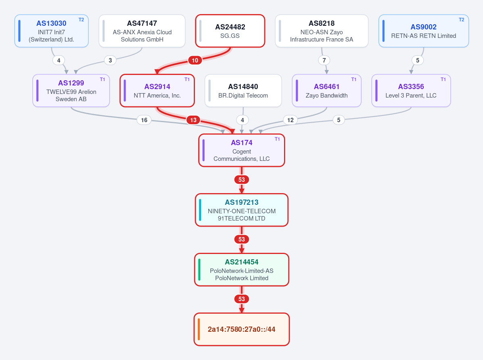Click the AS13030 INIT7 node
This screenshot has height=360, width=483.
(x=52, y=31)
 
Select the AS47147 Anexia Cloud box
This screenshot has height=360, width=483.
(x=142, y=31)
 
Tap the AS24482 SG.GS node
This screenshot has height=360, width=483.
(x=230, y=31)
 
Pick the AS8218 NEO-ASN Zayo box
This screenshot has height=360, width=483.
(x=321, y=31)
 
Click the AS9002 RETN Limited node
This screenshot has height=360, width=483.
(x=423, y=31)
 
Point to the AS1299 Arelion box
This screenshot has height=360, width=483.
(x=71, y=91)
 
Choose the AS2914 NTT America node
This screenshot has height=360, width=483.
(x=157, y=91)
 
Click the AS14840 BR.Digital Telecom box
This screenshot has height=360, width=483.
(x=243, y=91)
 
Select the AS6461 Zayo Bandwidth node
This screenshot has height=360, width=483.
(x=327, y=91)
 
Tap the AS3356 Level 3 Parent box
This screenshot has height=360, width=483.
(x=411, y=91)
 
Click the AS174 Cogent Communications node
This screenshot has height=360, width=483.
(x=242, y=150)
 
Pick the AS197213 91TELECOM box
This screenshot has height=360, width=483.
(x=242, y=210)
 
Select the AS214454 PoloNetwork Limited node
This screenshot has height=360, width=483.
(x=242, y=270)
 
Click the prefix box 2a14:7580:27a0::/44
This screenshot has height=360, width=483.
(x=242, y=329)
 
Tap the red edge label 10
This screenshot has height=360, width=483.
(x=195, y=60)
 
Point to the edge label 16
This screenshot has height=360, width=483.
(x=144, y=120)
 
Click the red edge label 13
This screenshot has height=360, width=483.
(x=193, y=120)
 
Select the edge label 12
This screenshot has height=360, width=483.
(x=290, y=120)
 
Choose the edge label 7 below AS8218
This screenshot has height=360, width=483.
(x=324, y=60)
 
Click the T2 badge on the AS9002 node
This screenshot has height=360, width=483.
(x=461, y=20)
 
